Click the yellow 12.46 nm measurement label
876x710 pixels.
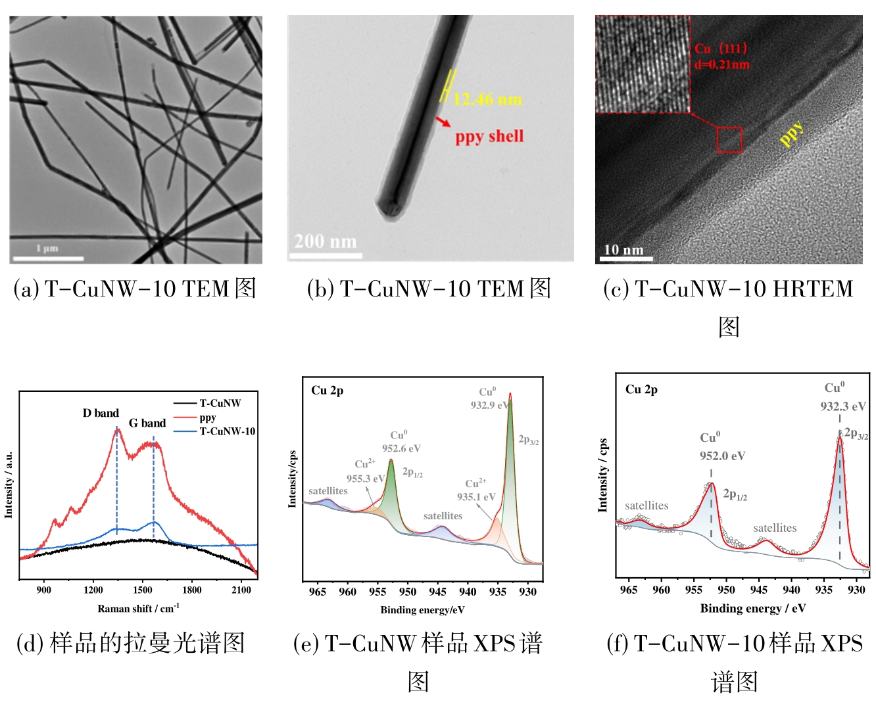[x=488, y=99]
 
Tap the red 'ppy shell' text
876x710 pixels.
[x=489, y=137]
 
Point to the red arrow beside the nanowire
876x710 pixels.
[x=443, y=122]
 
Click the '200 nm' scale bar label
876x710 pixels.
[x=325, y=241]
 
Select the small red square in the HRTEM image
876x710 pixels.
[x=729, y=139]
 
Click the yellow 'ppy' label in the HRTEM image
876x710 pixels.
[x=791, y=133]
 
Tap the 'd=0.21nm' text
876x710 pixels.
[x=721, y=64]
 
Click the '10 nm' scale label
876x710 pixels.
[x=623, y=250]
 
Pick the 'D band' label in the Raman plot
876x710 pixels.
[x=101, y=413]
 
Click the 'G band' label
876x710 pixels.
[x=147, y=423]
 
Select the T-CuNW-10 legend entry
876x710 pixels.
[x=227, y=431]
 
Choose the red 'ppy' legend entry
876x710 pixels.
[x=207, y=417]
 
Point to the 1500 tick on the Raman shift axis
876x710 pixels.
[x=143, y=590]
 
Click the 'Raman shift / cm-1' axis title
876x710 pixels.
[x=138, y=609]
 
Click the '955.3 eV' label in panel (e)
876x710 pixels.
[x=364, y=479]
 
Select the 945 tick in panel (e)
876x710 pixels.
[x=437, y=592]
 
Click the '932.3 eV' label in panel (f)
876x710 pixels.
[x=842, y=406]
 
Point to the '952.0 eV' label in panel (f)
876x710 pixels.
[x=722, y=456]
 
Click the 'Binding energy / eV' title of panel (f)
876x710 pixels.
[x=752, y=608]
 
